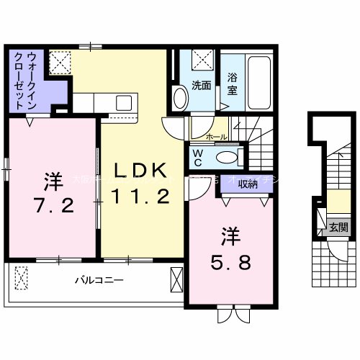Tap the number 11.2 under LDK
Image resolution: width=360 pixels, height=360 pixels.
click(141, 195)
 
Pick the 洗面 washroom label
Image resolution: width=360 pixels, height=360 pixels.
click(202, 85)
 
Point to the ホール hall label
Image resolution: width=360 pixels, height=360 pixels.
click(216, 137)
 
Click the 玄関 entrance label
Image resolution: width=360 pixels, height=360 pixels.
click(338, 227)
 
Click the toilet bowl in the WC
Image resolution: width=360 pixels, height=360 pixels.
click(226, 157)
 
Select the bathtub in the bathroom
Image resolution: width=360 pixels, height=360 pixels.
click(258, 80)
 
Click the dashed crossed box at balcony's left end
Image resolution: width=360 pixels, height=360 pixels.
click(21, 278)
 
